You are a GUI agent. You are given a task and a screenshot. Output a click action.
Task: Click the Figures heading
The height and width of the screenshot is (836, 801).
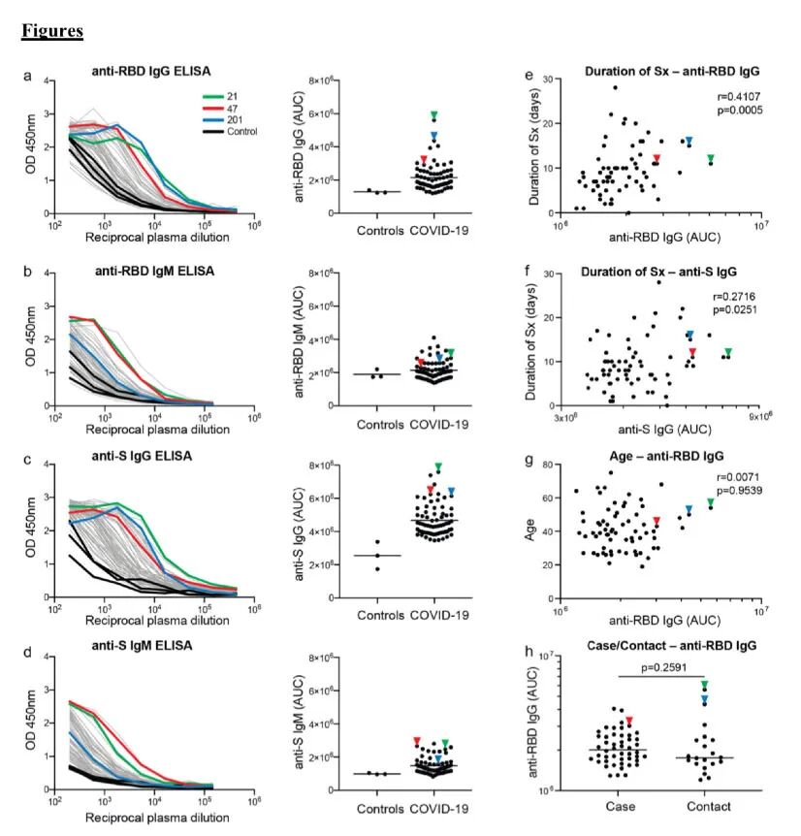pyautogui.click(x=51, y=32)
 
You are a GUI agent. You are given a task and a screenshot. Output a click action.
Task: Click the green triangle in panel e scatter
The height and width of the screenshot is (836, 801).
pyautogui.click(x=711, y=158)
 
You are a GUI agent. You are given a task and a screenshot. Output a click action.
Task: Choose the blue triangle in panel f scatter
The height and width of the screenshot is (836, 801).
pyautogui.click(x=690, y=336)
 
